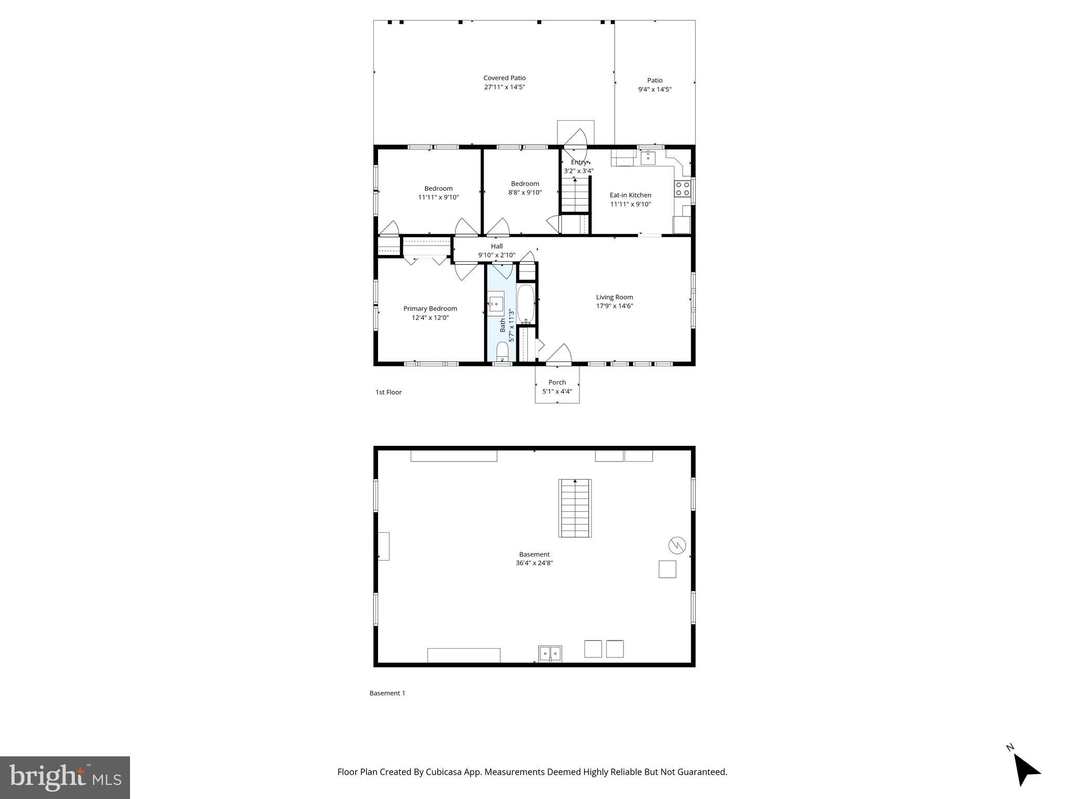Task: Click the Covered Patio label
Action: tap(504, 78)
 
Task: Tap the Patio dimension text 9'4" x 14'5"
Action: tap(655, 89)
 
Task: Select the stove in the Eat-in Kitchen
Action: tap(682, 188)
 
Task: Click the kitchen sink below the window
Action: tap(647, 157)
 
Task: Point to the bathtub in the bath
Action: tap(526, 304)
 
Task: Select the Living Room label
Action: tap(614, 297)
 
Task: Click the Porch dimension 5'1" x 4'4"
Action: tap(557, 391)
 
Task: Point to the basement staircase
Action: tap(575, 508)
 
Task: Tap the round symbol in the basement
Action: tap(677, 545)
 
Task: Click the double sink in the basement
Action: tap(550, 653)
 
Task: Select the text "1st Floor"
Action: tap(388, 392)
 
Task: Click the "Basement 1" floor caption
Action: tap(387, 693)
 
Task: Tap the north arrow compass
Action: tap(1024, 770)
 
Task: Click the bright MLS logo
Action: tap(64, 777)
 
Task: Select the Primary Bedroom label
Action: tap(430, 308)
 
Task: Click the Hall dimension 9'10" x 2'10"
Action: tap(497, 255)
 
